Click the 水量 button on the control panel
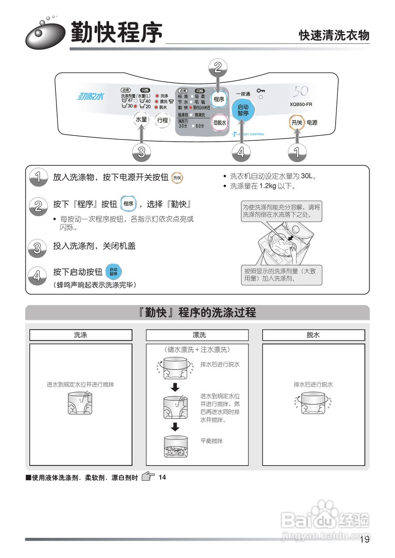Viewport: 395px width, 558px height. pos(141,120)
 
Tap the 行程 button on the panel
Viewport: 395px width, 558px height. pos(162,120)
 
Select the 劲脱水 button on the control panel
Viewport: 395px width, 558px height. pos(220,123)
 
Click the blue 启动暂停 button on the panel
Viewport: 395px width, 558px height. pos(243,110)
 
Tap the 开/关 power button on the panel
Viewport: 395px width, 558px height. pos(297,123)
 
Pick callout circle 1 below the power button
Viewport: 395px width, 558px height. pos(297,153)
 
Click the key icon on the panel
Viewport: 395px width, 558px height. pos(261,91)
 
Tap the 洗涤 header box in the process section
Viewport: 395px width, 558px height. pos(81,335)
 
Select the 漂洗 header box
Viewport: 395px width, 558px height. pos(197,335)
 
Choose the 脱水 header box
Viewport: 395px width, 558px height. pos(313,335)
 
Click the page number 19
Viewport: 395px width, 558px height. pos(365,540)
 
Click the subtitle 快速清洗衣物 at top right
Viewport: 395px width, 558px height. pos(334,35)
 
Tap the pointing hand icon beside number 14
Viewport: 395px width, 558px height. pos(149,477)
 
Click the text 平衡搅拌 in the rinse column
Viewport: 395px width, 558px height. pos(211,441)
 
